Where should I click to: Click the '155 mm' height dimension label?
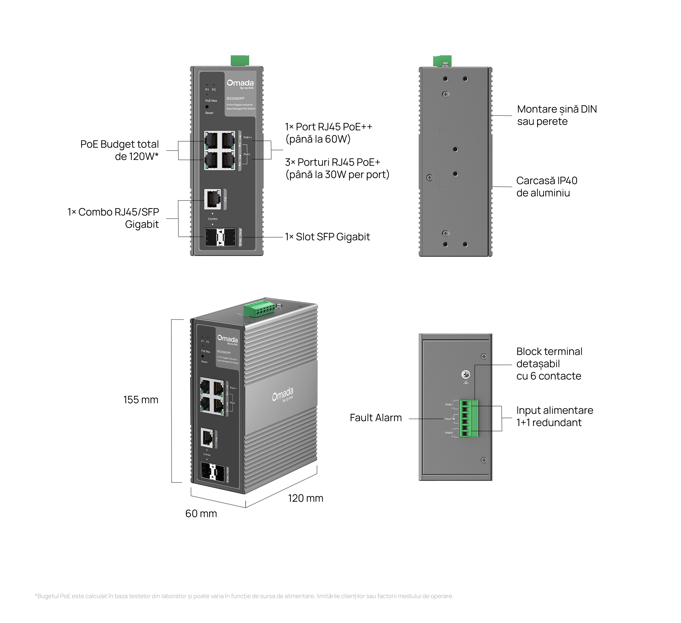[x=140, y=400]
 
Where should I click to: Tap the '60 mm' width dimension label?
[x=201, y=514]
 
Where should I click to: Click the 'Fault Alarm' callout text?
[x=376, y=418]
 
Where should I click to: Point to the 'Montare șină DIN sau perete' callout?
[x=557, y=115]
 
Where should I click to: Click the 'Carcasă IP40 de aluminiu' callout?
[x=547, y=187]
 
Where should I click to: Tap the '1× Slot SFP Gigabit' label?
[x=327, y=237]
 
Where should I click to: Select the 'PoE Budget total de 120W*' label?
[x=119, y=150]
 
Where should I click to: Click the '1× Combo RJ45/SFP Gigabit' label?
[x=113, y=218]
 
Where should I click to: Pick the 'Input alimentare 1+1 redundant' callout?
[x=554, y=416]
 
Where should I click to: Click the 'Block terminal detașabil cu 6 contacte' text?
[x=549, y=364]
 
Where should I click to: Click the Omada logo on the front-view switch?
[x=240, y=84]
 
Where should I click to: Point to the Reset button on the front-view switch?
[x=207, y=107]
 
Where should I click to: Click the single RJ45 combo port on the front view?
[x=213, y=199]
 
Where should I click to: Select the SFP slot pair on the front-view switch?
[x=220, y=237]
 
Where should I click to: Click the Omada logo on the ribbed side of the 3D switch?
[x=283, y=394]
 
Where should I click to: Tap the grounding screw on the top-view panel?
[x=466, y=375]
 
